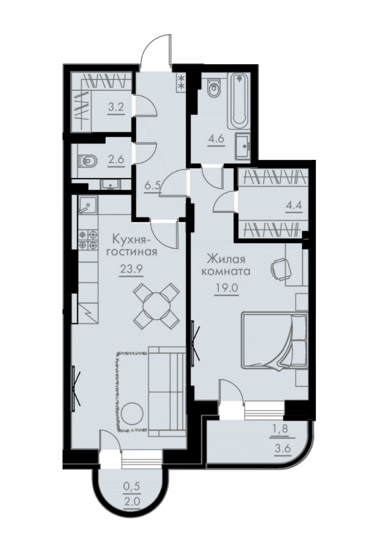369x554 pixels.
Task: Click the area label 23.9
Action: click(131, 269)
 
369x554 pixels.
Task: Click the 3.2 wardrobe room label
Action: click(116, 108)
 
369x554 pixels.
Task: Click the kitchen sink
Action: click(87, 205)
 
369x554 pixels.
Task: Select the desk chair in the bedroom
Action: click(281, 269)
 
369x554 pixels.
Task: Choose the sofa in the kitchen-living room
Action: click(167, 392)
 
